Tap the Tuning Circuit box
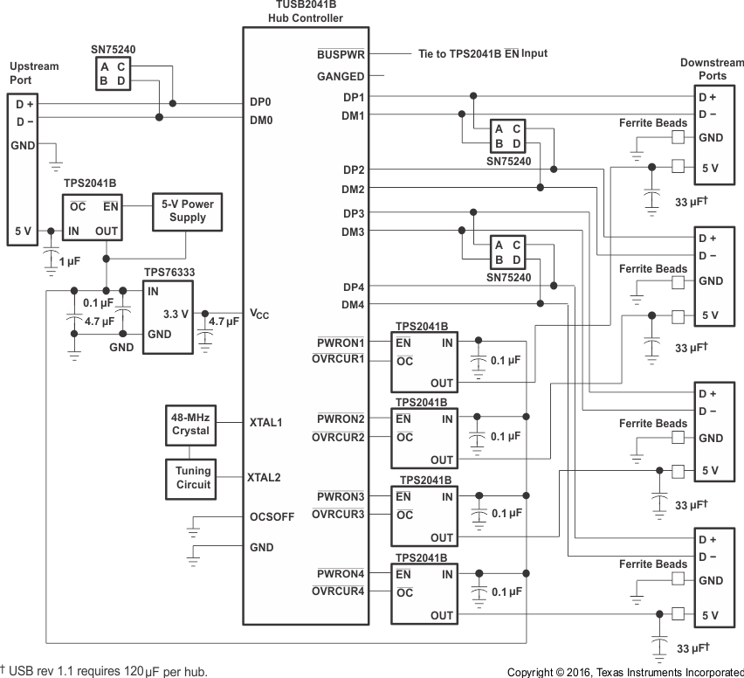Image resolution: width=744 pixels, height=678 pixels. [x=189, y=477]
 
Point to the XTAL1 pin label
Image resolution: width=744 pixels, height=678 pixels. [x=265, y=422]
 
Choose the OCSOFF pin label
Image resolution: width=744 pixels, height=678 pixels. [x=271, y=516]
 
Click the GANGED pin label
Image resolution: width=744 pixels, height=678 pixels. [x=341, y=77]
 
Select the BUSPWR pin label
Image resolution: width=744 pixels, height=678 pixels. [x=340, y=53]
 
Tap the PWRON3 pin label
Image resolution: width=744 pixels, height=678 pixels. [x=340, y=496]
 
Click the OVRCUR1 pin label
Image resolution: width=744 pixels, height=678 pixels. [x=338, y=358]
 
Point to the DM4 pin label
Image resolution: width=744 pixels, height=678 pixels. [x=353, y=304]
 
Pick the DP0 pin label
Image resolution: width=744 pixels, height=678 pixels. [x=260, y=102]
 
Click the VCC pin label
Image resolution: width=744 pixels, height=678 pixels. [x=259, y=314]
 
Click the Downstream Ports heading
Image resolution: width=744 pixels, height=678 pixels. [x=711, y=69]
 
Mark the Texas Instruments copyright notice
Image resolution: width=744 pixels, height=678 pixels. [x=624, y=672]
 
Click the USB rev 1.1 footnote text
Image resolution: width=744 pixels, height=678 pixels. [x=105, y=671]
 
